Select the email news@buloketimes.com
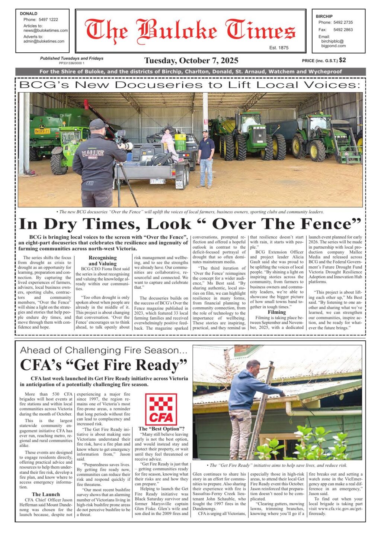pos(45,30)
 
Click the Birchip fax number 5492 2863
pos(343,30)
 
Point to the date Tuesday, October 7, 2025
pos(191,61)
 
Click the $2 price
pos(342,60)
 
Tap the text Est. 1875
pos(279,48)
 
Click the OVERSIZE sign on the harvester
pos(42,131)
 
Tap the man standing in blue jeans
pos(206,158)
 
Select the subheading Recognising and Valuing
pos(103,260)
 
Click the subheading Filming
pos(277,312)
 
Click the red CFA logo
pos(161,409)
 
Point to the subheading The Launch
pos(46,495)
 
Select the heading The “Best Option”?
pos(161,429)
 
